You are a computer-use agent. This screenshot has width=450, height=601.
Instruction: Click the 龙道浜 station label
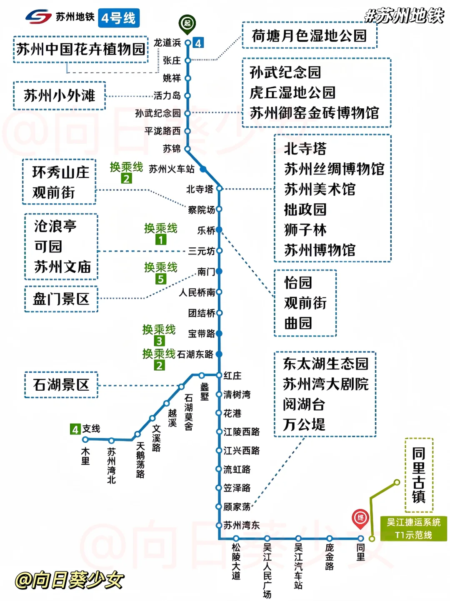point(167,43)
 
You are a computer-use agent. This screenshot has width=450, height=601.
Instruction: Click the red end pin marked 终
point(360,518)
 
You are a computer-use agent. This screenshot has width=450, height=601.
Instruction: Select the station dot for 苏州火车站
point(203,169)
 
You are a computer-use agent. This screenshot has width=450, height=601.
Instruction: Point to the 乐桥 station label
point(206,230)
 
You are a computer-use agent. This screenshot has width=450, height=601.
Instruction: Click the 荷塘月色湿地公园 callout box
point(309,36)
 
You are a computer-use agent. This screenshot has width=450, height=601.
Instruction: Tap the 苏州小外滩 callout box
point(60,96)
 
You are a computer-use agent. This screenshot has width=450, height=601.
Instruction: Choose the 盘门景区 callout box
point(61,299)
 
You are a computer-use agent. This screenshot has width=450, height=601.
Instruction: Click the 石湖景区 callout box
point(61,385)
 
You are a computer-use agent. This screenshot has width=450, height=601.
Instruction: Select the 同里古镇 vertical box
point(419,475)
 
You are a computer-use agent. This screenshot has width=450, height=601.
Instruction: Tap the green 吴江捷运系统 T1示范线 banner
point(413,529)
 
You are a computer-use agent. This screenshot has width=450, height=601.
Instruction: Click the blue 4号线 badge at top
point(119,18)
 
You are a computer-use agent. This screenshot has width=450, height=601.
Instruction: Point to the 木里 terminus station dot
point(85,439)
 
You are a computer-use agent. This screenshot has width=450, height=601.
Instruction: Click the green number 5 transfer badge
point(161,279)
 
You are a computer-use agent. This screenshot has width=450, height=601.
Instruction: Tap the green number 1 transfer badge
point(161,240)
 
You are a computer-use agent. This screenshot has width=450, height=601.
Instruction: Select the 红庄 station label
point(232,376)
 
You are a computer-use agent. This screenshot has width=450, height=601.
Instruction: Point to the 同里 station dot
point(361,539)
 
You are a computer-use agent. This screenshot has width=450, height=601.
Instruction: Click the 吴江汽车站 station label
point(298,566)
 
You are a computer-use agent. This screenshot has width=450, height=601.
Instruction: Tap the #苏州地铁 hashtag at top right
point(404,16)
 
